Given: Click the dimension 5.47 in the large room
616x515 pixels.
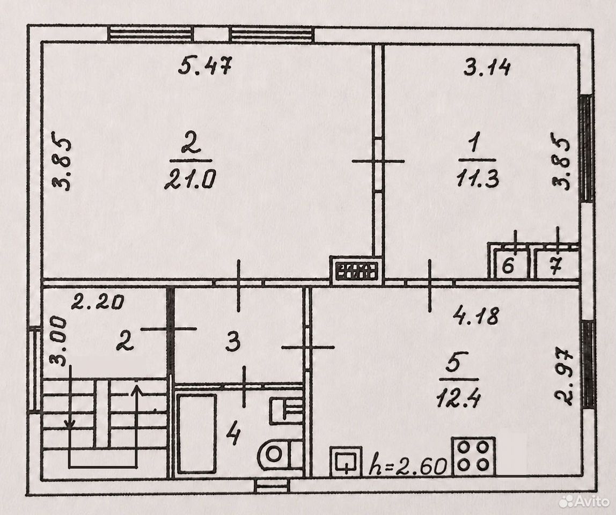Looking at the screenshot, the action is click(x=206, y=65).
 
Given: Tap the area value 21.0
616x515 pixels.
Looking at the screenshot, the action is click(x=190, y=179).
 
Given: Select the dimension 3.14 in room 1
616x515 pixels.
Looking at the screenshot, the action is click(x=487, y=68).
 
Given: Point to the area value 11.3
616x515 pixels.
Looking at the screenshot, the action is click(x=478, y=178).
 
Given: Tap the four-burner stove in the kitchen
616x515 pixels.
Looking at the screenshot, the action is click(x=474, y=456).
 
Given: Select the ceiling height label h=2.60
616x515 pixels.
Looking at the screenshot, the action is click(x=408, y=466).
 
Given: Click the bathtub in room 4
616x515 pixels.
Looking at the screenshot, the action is click(x=197, y=434).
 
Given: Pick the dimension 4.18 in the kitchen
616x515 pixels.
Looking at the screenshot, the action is click(x=476, y=315).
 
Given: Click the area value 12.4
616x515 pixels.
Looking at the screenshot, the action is click(x=458, y=399).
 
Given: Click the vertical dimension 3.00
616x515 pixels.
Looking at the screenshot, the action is click(x=57, y=341).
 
